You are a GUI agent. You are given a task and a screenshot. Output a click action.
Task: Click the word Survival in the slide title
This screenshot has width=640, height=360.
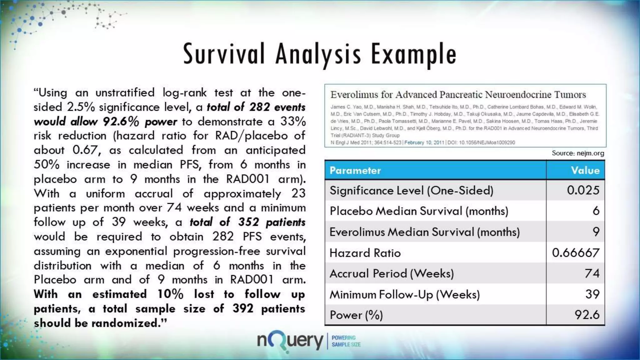224,54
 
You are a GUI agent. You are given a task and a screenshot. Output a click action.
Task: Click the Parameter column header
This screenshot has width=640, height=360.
355,170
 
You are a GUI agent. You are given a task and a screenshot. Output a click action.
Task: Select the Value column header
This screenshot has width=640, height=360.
585,170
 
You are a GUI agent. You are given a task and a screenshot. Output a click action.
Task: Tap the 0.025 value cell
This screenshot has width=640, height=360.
583,190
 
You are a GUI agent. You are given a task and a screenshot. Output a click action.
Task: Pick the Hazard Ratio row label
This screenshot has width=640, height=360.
365,253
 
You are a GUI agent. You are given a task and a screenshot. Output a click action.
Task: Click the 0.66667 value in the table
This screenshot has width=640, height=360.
576,253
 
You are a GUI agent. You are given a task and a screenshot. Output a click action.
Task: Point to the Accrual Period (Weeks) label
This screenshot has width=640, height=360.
392,274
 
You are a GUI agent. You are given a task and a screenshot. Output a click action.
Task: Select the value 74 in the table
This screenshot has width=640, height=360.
592,274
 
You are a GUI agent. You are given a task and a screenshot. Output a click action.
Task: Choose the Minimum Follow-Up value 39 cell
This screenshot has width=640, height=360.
592,294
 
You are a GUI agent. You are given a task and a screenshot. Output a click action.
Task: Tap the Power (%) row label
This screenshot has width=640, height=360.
356,315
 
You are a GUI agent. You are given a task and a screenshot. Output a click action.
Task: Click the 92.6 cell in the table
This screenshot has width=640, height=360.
587,315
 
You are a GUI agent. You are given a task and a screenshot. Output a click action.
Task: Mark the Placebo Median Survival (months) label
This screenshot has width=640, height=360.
419,211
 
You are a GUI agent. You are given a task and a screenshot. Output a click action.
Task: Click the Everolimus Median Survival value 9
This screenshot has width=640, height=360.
596,232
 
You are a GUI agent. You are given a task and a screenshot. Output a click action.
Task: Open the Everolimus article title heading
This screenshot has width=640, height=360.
458,94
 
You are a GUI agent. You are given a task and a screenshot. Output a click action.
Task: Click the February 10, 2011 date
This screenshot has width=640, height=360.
424,142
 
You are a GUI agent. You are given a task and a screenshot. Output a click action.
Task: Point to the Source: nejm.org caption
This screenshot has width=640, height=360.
578,153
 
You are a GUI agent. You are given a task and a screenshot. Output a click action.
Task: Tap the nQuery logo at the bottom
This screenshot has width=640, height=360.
290,341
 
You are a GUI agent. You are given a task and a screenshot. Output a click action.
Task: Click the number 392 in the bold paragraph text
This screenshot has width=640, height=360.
243,309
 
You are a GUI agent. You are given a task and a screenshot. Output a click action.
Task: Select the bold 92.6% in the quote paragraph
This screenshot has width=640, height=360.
121,122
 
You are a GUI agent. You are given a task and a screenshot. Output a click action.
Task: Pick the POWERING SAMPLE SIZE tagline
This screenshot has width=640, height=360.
346,341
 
